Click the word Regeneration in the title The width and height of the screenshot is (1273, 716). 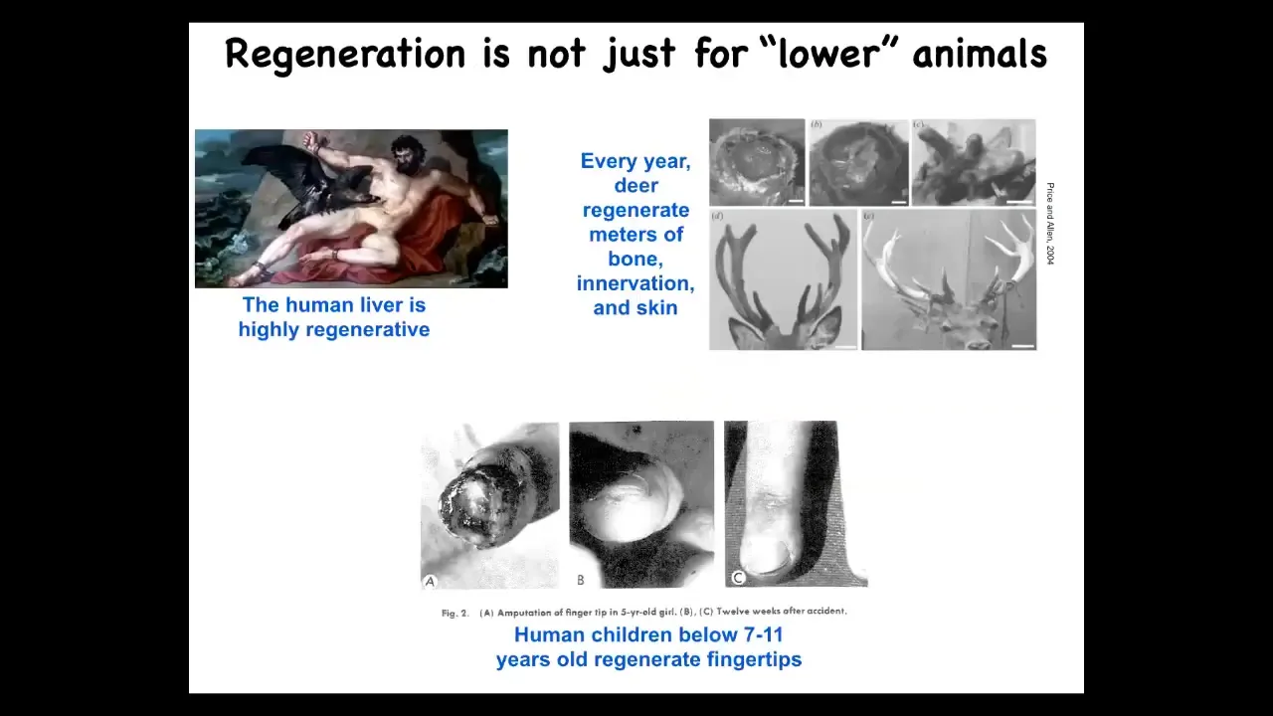[x=345, y=55]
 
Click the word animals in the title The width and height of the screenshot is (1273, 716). [x=980, y=53]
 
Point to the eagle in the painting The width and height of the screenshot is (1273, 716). [x=312, y=182]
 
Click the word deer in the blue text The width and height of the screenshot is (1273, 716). [x=636, y=185]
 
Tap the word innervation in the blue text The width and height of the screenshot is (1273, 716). [x=636, y=283]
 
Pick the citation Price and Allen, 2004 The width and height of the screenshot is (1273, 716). [x=1050, y=224]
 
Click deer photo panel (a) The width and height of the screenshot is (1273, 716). [x=757, y=162]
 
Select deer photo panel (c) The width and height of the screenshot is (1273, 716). [x=974, y=162]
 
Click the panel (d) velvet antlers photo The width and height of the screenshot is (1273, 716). [x=783, y=279]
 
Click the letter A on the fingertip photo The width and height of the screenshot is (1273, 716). [x=431, y=582]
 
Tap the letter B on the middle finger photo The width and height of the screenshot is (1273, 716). [x=580, y=580]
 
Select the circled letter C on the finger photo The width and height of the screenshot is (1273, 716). [x=738, y=578]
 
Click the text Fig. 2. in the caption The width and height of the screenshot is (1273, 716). [x=455, y=614]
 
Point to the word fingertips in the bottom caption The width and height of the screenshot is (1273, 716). [x=754, y=659]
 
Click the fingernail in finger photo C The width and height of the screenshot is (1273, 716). [x=766, y=554]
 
